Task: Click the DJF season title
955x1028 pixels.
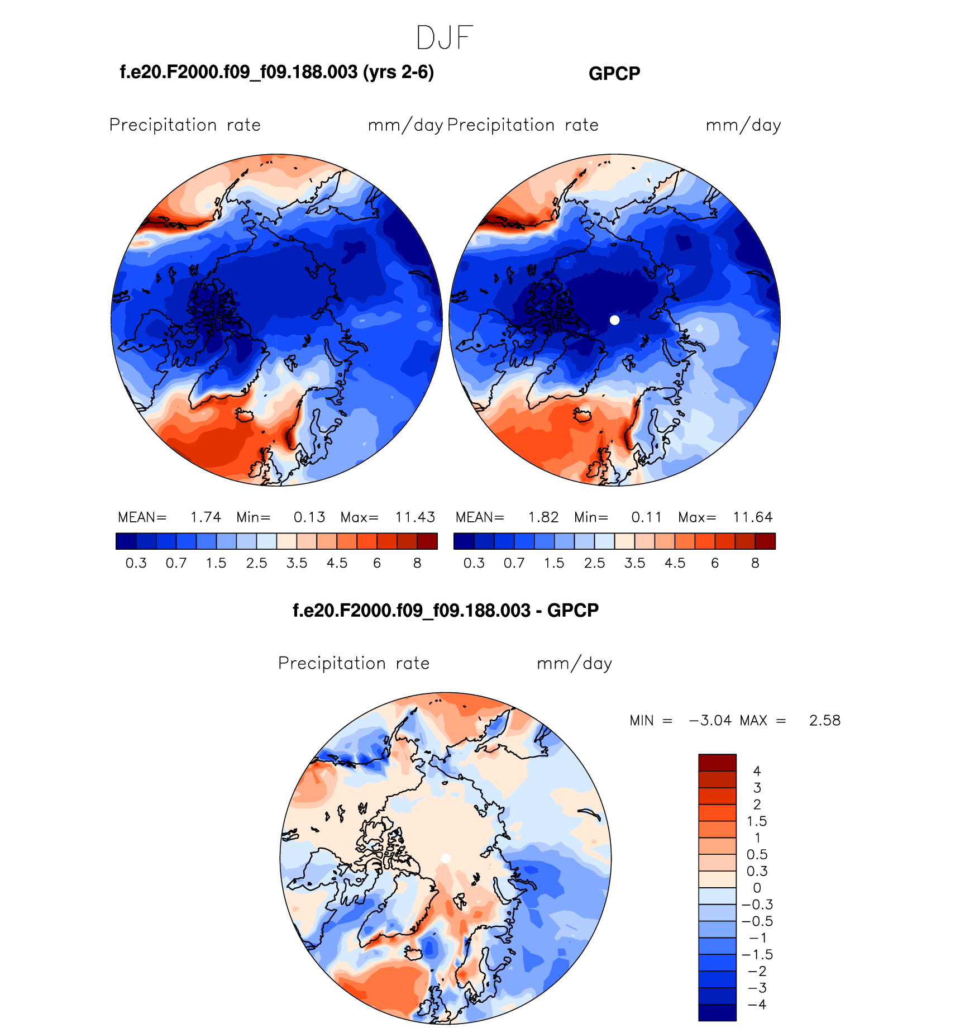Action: (x=445, y=38)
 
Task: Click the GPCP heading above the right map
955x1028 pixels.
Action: (x=614, y=74)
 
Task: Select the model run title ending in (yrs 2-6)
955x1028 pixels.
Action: (x=277, y=72)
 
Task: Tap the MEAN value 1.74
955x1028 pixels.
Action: (x=206, y=517)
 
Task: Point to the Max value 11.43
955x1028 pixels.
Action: (x=415, y=517)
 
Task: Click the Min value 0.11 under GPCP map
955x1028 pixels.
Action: (x=646, y=517)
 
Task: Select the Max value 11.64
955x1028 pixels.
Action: (x=753, y=517)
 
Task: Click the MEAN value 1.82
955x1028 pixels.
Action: (x=543, y=517)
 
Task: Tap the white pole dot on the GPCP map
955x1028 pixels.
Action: (x=614, y=320)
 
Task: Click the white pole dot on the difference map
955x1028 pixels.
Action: (x=445, y=858)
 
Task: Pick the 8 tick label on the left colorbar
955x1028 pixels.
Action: (x=417, y=563)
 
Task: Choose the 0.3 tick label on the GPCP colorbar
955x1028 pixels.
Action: (x=474, y=563)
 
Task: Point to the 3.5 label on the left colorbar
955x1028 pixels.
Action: (x=297, y=563)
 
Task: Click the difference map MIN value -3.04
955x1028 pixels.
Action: (x=710, y=721)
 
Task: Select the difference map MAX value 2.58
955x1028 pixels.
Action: (x=824, y=721)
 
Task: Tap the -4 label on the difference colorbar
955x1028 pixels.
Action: (x=757, y=1005)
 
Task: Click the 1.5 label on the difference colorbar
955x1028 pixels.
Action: (x=757, y=821)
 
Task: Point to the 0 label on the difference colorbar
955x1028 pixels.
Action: (x=757, y=888)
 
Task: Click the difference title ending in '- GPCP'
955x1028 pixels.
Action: (x=445, y=610)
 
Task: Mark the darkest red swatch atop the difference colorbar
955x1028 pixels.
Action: (x=717, y=762)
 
